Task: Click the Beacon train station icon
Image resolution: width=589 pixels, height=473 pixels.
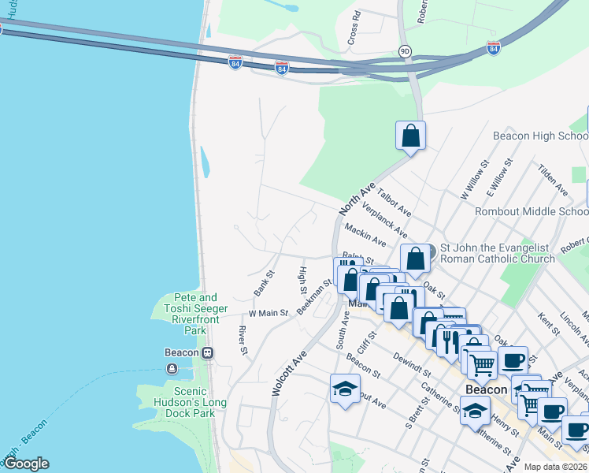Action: tap(208, 353)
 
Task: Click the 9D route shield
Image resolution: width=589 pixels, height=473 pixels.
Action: tap(405, 51)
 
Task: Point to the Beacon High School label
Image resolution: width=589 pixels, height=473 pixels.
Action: tap(540, 136)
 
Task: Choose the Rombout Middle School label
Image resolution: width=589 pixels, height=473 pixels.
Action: tap(531, 211)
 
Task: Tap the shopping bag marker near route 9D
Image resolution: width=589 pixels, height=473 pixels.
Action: tap(410, 136)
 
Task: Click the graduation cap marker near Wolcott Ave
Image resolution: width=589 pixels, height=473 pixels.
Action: tap(345, 389)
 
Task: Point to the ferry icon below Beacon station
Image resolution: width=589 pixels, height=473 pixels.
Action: tap(172, 369)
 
